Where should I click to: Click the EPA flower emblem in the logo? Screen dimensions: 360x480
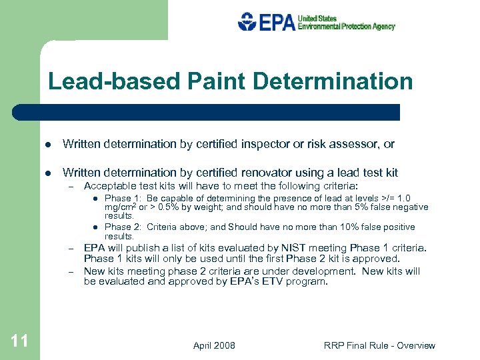click(247, 22)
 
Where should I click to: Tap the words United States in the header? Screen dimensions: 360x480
click(317, 18)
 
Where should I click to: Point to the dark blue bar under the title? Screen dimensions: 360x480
click(207, 112)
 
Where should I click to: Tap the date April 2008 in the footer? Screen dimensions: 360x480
click(214, 345)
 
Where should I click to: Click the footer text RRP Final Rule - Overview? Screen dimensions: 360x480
click(379, 345)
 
